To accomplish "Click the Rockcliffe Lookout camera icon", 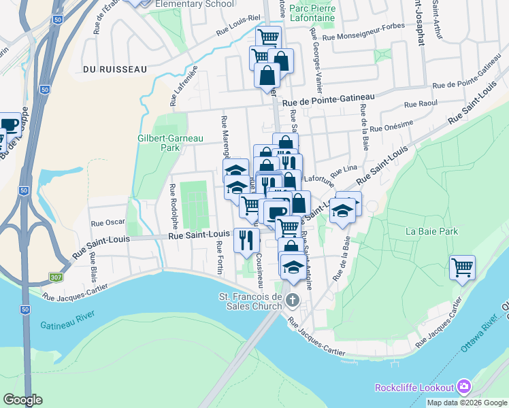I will tap(464, 388).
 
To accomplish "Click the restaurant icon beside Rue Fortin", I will tap(246, 239).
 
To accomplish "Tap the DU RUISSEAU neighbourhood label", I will tap(105, 69).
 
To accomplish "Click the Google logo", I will tap(22, 400).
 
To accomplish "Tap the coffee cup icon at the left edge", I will tap(8, 124).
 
